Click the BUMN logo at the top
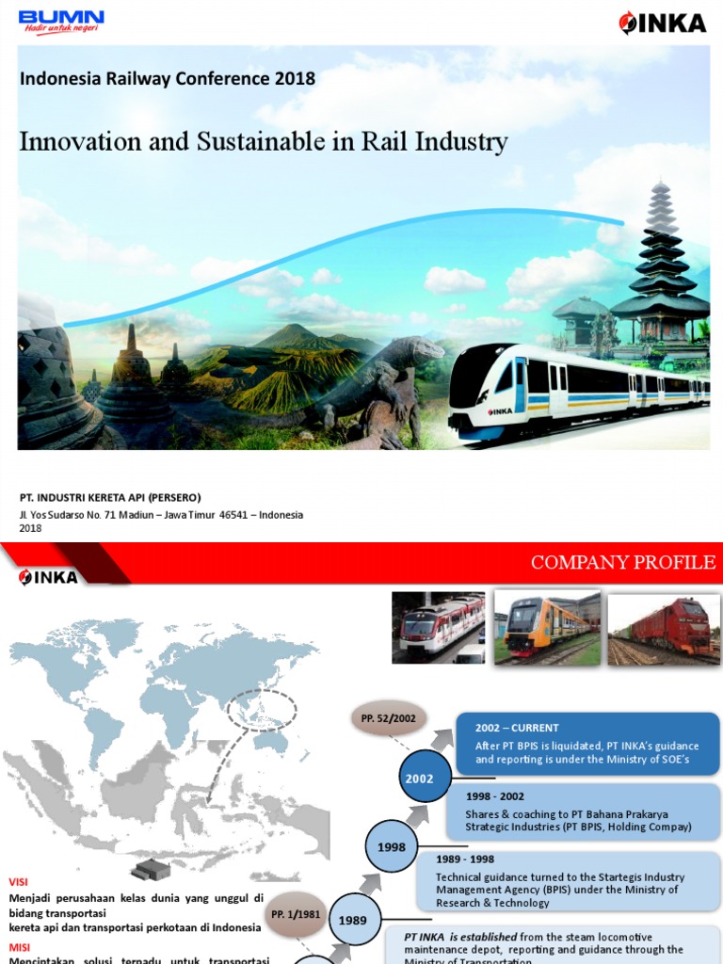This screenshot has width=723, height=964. (61, 22)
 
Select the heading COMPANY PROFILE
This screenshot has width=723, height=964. (623, 563)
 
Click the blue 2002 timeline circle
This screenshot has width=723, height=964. (420, 779)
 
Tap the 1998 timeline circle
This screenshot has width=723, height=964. (392, 846)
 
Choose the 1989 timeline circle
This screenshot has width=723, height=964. (353, 920)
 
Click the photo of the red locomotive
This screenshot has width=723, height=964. (664, 628)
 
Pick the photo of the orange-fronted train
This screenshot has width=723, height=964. (547, 628)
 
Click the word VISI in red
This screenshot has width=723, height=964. (19, 882)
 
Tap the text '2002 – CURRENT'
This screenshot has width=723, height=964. (517, 728)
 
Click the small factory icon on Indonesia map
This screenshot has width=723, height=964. (150, 868)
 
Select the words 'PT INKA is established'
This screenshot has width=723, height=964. (460, 937)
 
